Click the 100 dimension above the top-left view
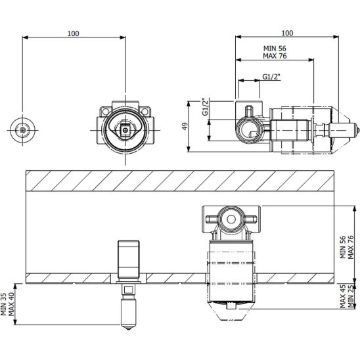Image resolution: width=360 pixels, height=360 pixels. tap(73, 34)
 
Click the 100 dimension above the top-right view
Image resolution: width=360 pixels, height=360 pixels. tap(287, 33)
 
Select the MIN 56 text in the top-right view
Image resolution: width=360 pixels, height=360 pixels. tap(275, 49)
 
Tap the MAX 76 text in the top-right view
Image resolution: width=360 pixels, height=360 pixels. tap(275, 56)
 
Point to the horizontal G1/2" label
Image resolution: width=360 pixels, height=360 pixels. tap(271, 77)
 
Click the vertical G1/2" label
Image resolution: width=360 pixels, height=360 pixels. tap(205, 107)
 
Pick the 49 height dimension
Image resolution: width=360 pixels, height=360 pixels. tap(185, 126)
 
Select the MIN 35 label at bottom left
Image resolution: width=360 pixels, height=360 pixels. tap(3, 304)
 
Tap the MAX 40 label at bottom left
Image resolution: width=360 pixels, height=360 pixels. tap(11, 304)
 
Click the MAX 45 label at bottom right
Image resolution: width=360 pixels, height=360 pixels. tap(343, 296)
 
